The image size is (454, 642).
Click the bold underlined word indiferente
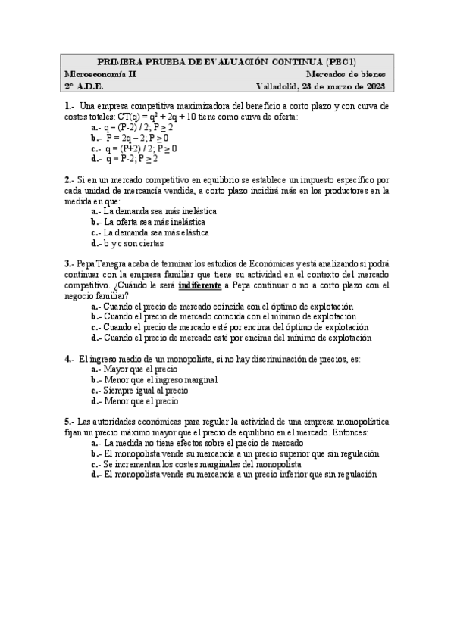(199, 285)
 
